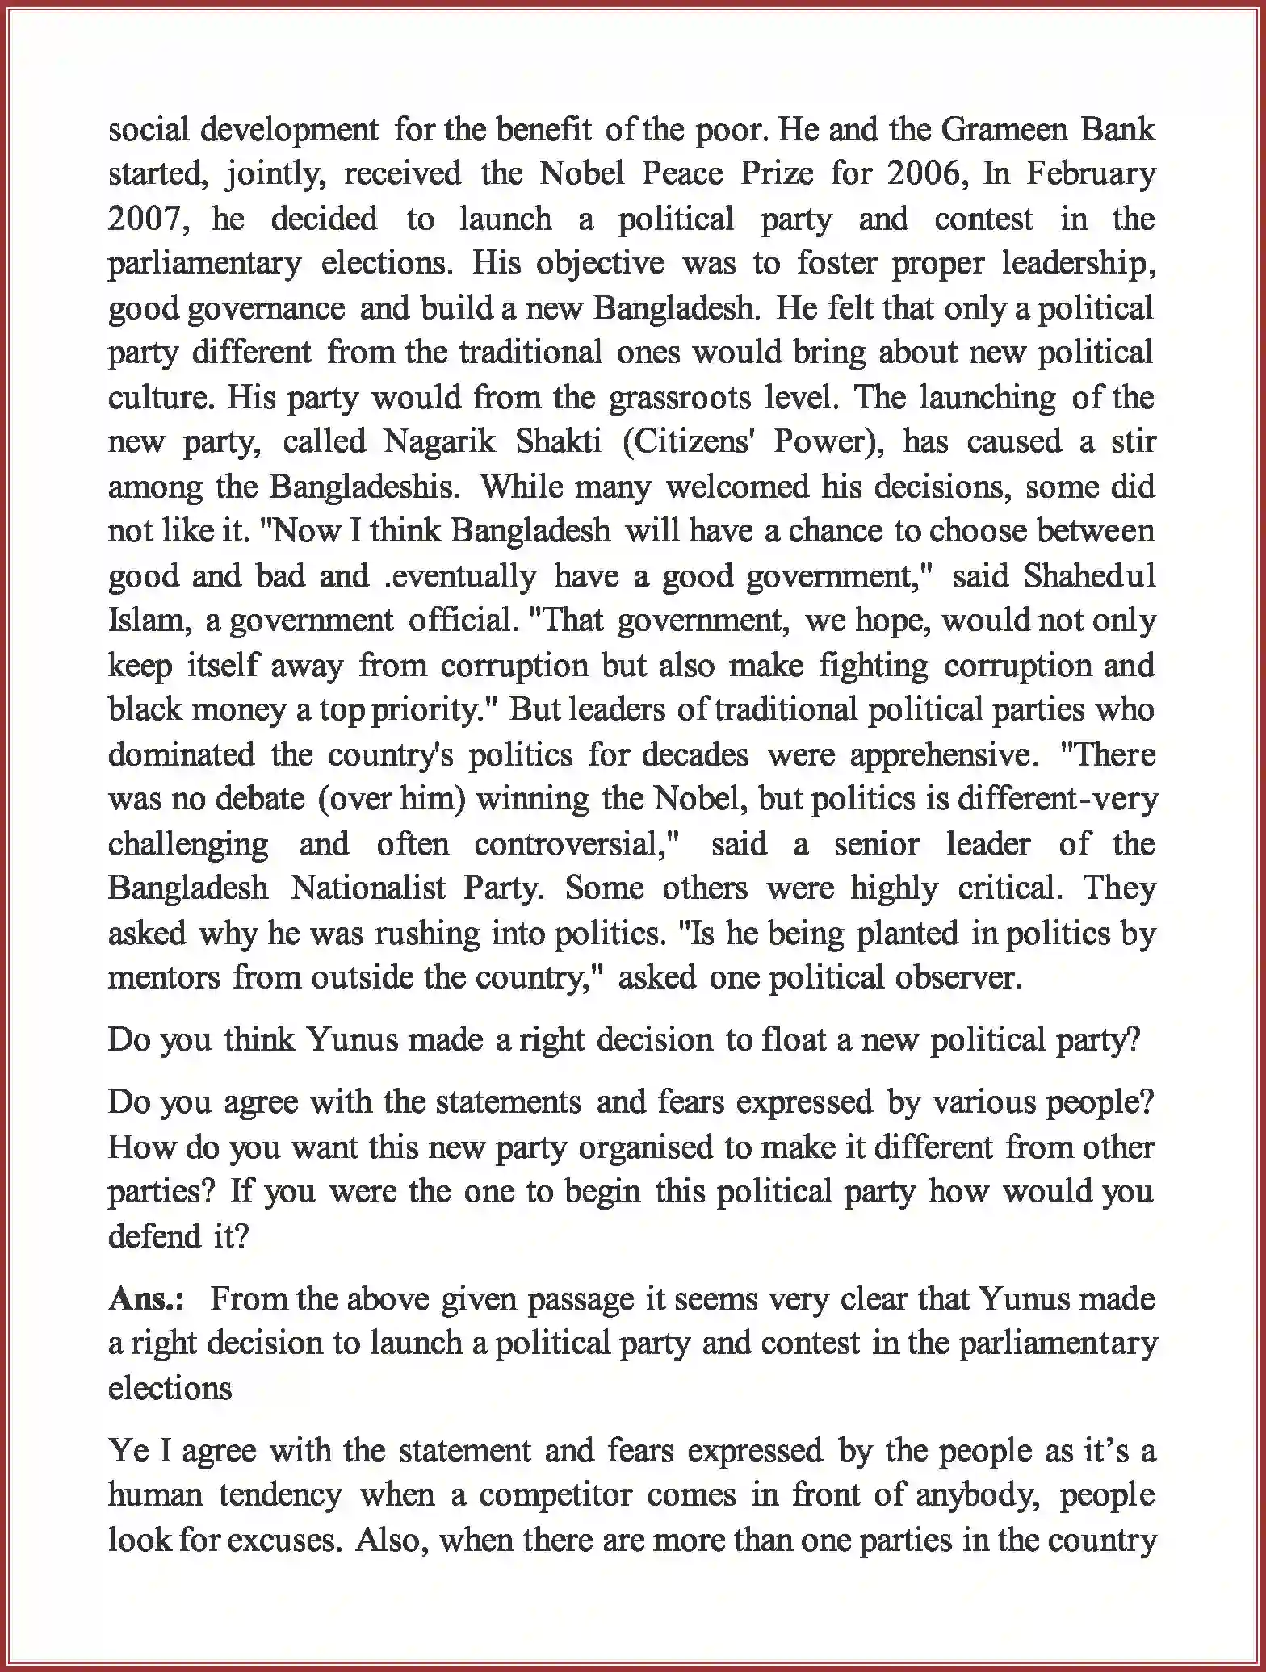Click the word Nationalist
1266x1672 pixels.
[x=368, y=889]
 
